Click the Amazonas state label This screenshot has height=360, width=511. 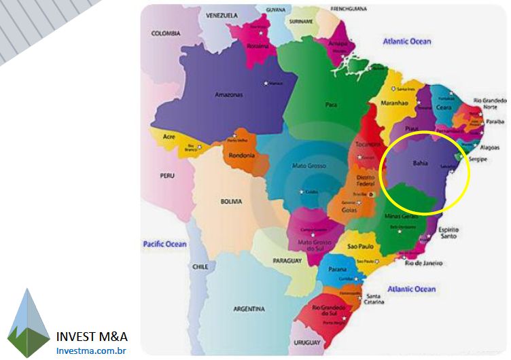[x=228, y=94]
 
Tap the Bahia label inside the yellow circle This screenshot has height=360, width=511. [x=420, y=163]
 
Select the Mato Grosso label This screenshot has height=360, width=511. [x=309, y=166]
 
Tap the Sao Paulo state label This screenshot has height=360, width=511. [x=362, y=246]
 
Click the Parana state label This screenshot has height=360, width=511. [x=338, y=269]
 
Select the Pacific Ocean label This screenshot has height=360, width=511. [x=164, y=243]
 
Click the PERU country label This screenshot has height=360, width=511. [x=167, y=175]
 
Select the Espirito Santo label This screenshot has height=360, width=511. [x=448, y=232]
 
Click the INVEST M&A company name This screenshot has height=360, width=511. [x=92, y=336]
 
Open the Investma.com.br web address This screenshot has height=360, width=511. [x=92, y=350]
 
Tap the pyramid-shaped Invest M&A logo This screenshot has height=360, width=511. [x=29, y=323]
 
